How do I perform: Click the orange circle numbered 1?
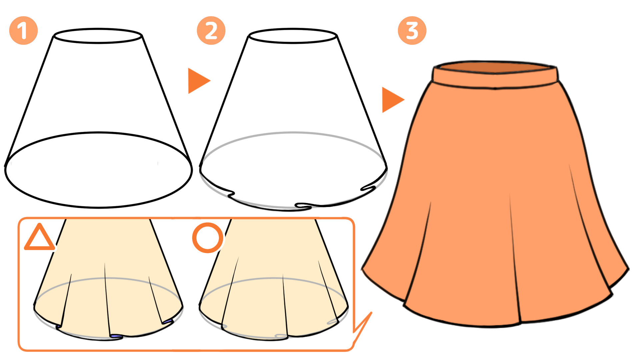[23, 30]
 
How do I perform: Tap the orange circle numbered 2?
[211, 30]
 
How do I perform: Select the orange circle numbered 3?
[412, 30]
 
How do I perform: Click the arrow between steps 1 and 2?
[199, 81]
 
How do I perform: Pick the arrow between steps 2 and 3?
[393, 100]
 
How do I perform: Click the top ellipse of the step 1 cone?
[98, 29]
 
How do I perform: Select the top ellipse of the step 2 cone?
[293, 29]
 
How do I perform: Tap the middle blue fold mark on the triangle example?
[116, 336]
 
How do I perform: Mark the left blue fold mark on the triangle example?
[58, 327]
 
